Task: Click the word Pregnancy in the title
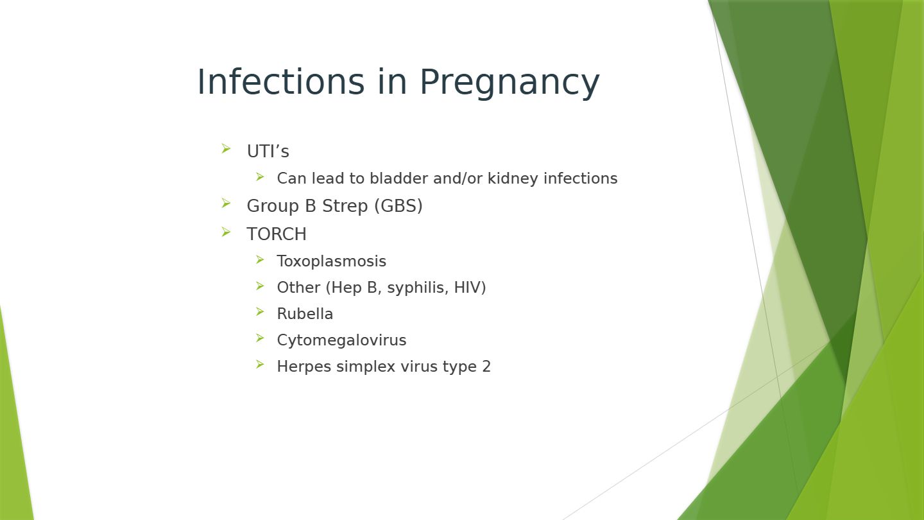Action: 509,84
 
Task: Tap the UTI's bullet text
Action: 268,151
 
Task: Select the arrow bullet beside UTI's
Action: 226,148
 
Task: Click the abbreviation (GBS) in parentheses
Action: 398,206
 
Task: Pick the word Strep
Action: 345,207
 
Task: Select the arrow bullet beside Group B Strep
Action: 226,203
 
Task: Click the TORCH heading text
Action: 277,234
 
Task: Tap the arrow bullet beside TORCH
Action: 226,232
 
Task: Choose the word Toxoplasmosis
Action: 332,261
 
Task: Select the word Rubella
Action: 305,314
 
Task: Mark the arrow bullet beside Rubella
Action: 260,311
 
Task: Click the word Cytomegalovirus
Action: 341,341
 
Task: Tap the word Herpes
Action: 304,367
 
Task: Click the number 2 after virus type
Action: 486,367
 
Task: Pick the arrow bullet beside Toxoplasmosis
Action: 260,259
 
